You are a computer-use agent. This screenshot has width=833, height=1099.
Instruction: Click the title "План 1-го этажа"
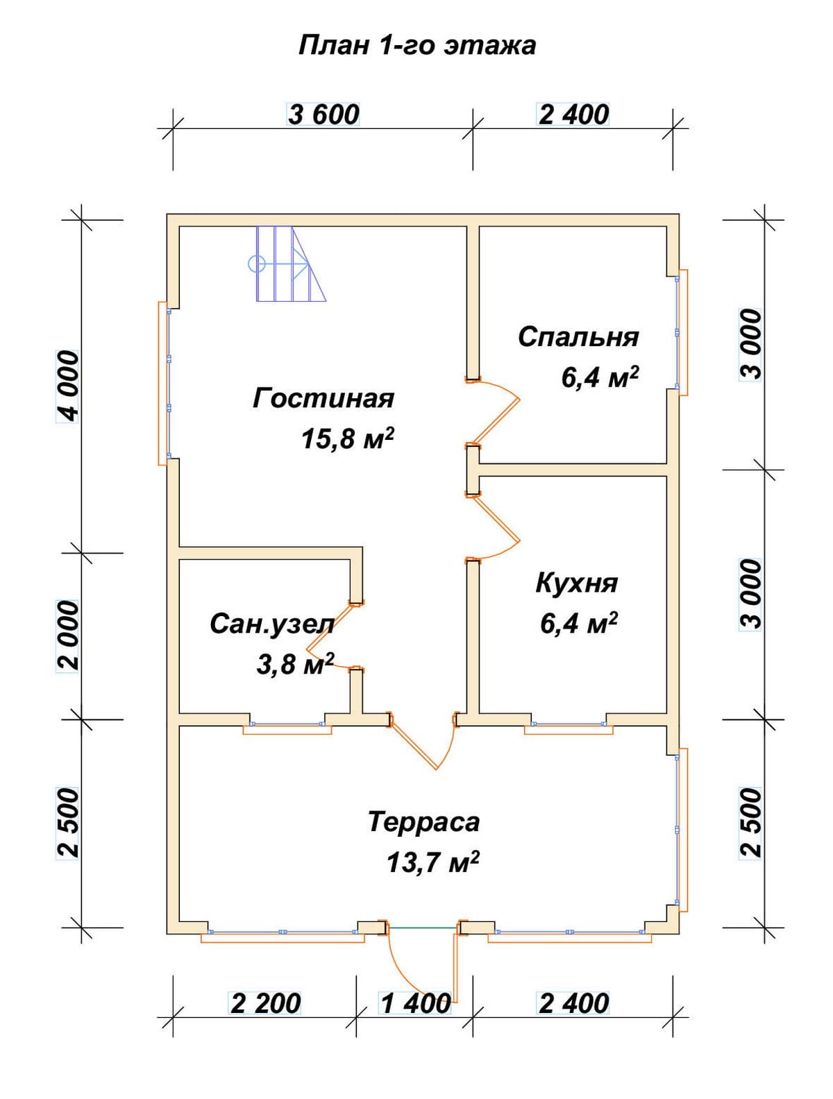tap(416, 46)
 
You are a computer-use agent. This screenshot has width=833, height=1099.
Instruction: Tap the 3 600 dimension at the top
tap(323, 114)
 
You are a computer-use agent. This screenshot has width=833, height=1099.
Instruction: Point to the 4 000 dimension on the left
tap(67, 386)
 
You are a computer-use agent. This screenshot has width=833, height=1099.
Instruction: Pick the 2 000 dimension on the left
tap(67, 636)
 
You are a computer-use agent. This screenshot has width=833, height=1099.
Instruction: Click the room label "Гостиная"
tap(323, 398)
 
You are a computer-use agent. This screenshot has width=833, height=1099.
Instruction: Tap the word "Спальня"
tap(578, 337)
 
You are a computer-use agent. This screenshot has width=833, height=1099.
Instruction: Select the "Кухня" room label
tap(577, 584)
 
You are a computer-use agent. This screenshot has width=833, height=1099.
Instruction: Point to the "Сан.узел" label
tap(271, 625)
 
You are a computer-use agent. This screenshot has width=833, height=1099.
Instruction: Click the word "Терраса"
tap(423, 822)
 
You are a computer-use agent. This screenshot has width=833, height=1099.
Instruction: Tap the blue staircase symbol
tap(287, 264)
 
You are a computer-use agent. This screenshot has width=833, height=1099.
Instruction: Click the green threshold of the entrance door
tap(423, 928)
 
